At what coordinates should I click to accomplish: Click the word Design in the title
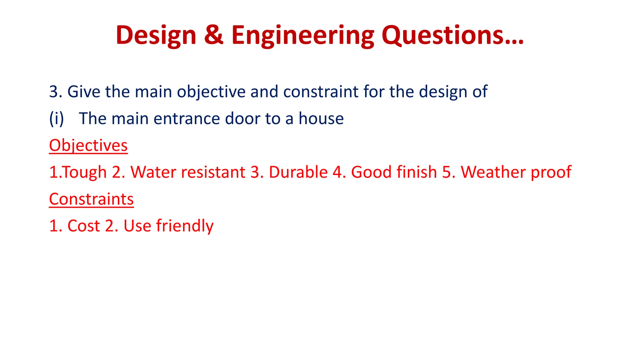pos(156,35)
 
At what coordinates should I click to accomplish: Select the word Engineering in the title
pos(302,35)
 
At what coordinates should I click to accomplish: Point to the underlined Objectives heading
pos(88,146)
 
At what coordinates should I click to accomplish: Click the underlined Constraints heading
pos(91,199)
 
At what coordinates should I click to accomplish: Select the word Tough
pos(85,172)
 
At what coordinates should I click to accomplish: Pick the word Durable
pos(298,172)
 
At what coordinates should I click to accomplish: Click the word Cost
pos(83,226)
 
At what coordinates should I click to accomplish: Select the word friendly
pos(185,226)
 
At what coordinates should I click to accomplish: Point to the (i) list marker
pos(57,119)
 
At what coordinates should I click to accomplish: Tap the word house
pos(321,119)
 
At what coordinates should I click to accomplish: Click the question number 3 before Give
pos(53,92)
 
